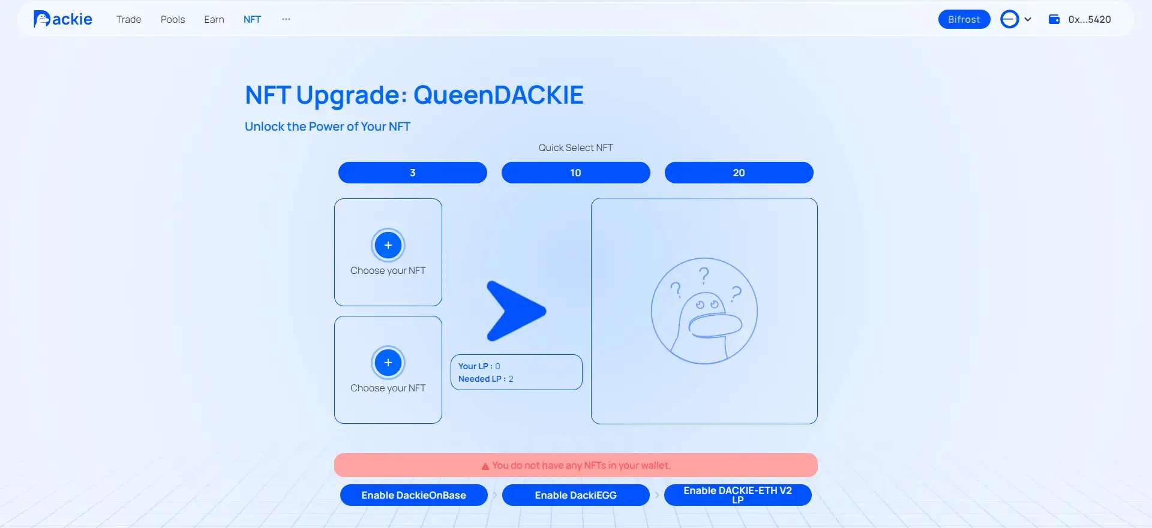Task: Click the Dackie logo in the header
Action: tap(63, 19)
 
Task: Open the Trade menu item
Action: tap(129, 19)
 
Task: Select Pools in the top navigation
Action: tap(173, 19)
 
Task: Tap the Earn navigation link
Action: tap(214, 19)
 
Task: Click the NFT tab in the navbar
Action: tap(252, 19)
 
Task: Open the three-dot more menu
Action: tap(286, 19)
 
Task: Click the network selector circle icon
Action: tap(1010, 19)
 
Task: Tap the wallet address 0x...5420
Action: tap(1090, 19)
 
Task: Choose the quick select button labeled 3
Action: tap(413, 173)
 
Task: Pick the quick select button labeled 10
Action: tap(576, 173)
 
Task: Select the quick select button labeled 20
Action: tap(739, 173)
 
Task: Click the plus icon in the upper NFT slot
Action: tap(388, 245)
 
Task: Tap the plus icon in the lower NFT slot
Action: tap(388, 363)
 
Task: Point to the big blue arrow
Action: tap(515, 311)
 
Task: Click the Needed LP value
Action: tap(511, 379)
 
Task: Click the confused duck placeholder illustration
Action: tap(704, 311)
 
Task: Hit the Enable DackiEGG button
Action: tap(576, 495)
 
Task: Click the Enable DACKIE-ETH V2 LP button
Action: tap(738, 495)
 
